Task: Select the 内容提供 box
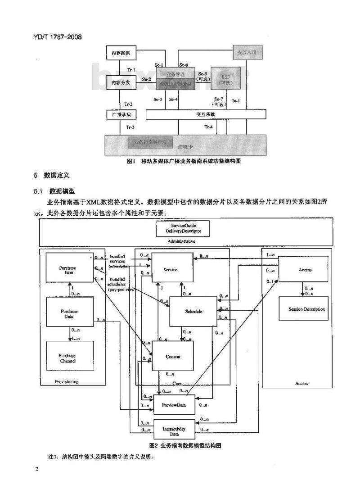pyautogui.click(x=121, y=53)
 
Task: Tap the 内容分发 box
pyautogui.click(x=121, y=82)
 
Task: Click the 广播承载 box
pyautogui.click(x=121, y=115)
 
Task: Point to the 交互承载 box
pyautogui.click(x=205, y=115)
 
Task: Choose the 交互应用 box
pyautogui.click(x=247, y=53)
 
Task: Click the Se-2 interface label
pyautogui.click(x=146, y=80)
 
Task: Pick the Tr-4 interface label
pyautogui.click(x=208, y=127)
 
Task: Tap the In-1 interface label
pyautogui.click(x=235, y=101)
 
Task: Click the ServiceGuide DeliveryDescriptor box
pyautogui.click(x=183, y=228)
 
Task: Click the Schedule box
pyautogui.click(x=193, y=311)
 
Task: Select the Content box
pyautogui.click(x=173, y=357)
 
